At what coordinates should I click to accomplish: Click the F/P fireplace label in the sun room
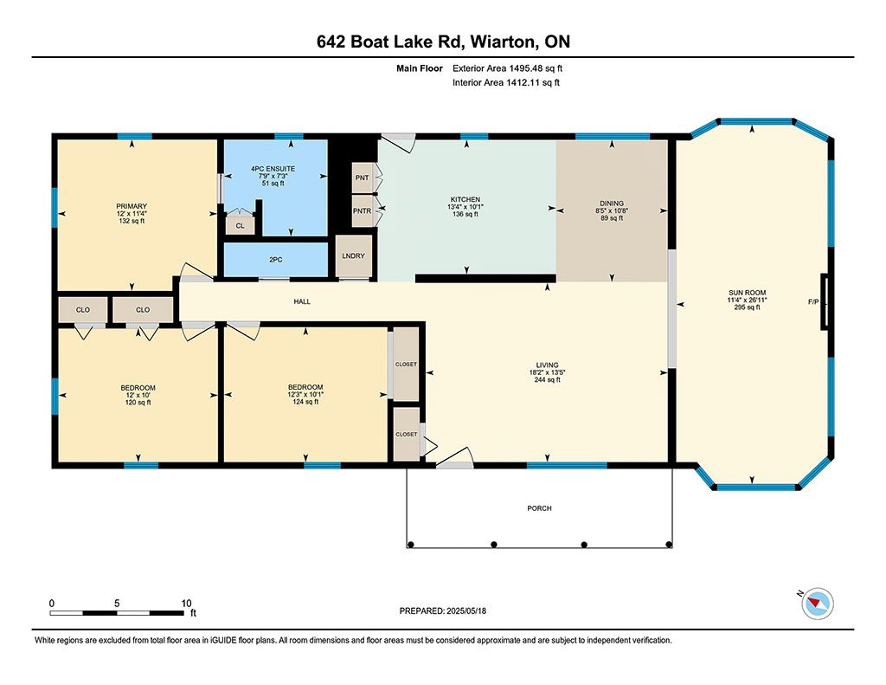click(x=813, y=302)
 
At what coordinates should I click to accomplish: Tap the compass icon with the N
click(x=817, y=604)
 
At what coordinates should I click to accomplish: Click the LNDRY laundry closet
click(x=353, y=255)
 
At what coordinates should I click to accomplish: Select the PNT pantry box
click(x=363, y=178)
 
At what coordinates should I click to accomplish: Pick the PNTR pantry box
click(x=363, y=211)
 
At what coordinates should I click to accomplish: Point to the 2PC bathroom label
click(x=275, y=260)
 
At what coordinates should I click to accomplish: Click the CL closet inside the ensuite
click(x=241, y=226)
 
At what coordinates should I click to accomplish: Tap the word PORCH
click(x=539, y=508)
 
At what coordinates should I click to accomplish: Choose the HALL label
click(x=302, y=301)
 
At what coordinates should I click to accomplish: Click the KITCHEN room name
click(x=465, y=199)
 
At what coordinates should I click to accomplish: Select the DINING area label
click(x=612, y=203)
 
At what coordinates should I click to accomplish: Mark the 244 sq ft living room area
click(x=547, y=379)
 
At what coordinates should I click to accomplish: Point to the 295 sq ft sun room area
click(x=747, y=307)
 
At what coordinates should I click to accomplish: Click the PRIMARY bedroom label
click(x=132, y=206)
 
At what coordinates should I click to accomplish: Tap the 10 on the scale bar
click(x=187, y=603)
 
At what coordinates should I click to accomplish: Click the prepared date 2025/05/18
click(x=466, y=611)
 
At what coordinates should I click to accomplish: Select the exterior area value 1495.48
click(x=525, y=68)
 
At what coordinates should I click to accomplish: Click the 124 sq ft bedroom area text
click(x=305, y=402)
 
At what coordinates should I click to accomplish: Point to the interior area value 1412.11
click(x=523, y=82)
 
